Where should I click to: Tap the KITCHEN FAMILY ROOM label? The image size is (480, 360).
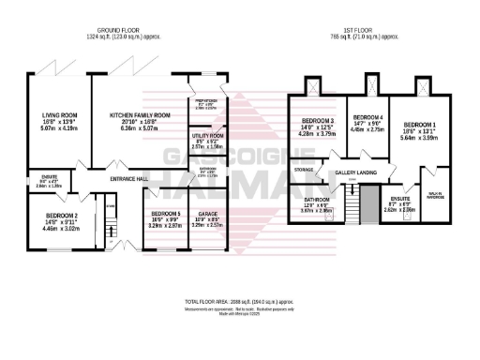click(x=140, y=115)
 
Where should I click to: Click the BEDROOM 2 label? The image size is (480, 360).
click(x=62, y=214)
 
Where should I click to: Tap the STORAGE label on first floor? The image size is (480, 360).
click(x=304, y=170)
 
